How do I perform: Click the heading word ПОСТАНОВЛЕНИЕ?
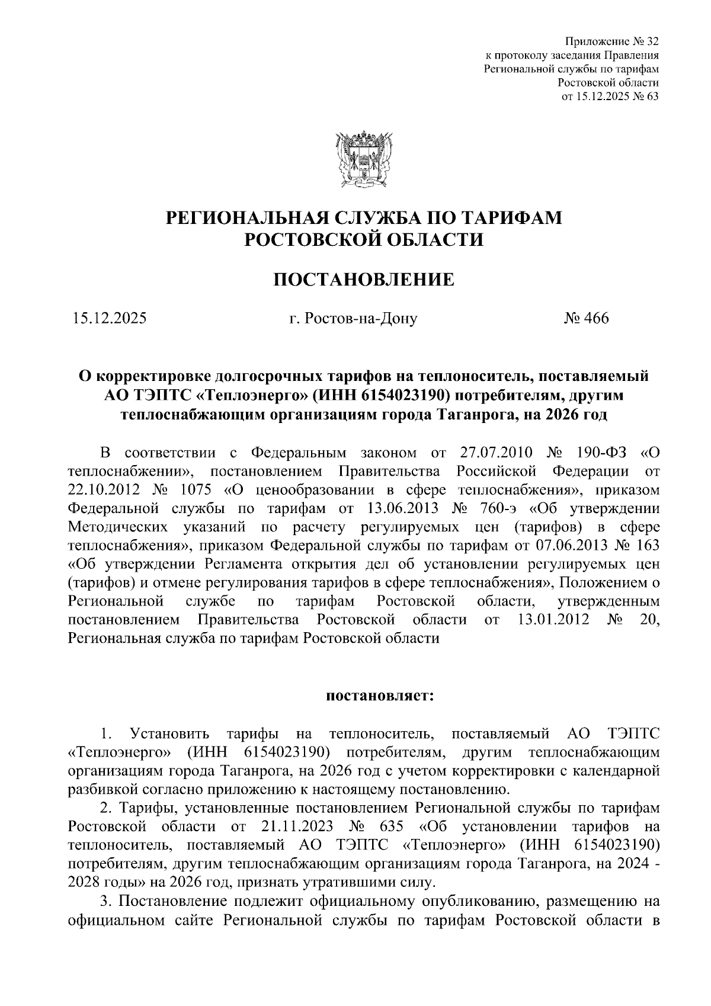[x=363, y=279]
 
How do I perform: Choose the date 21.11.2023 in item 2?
[x=296, y=826]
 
